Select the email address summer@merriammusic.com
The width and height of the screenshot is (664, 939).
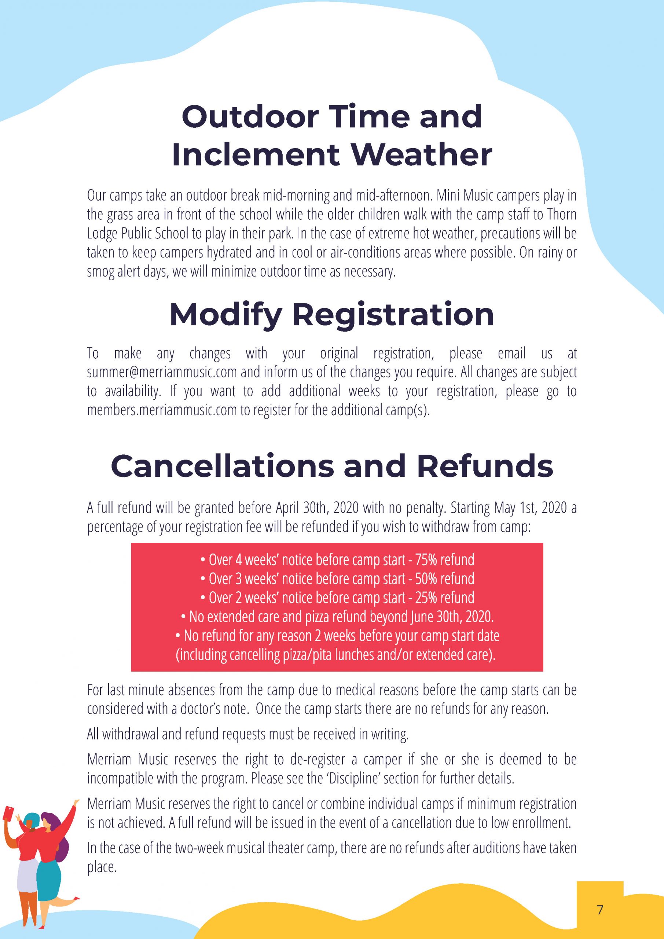[x=162, y=372]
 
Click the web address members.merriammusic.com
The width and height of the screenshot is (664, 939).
[x=162, y=410]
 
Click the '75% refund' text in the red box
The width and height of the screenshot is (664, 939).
[x=444, y=559]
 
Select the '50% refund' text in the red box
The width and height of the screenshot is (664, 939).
[x=444, y=579]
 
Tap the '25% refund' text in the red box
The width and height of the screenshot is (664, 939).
[x=444, y=598]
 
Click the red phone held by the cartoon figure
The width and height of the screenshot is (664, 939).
[x=8, y=814]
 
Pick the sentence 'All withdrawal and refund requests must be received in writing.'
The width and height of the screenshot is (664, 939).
[x=248, y=734]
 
